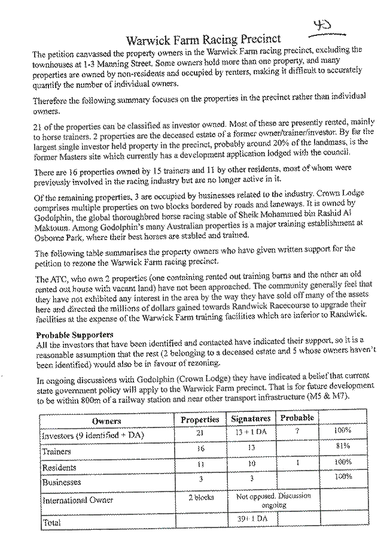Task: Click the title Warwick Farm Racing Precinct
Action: click(203, 40)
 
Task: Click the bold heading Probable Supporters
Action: click(75, 335)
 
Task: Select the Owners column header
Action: click(106, 421)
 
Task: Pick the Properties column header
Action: click(200, 420)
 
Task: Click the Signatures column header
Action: click(251, 418)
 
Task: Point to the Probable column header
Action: click(297, 418)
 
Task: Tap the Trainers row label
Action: click(56, 451)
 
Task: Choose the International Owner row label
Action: click(78, 500)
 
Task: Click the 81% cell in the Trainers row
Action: click(343, 446)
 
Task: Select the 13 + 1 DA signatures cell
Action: click(251, 432)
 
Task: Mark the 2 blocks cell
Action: click(201, 498)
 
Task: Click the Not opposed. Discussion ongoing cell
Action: click(273, 501)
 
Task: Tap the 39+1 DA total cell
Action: click(252, 518)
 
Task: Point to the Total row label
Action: click(51, 523)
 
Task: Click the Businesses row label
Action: click(62, 482)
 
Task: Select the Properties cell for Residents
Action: click(200, 464)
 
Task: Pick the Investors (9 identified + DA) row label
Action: click(93, 435)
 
